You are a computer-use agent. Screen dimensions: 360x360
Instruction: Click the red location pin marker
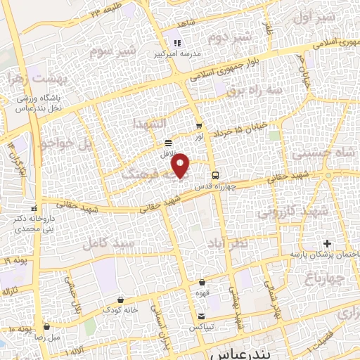[x=181, y=165]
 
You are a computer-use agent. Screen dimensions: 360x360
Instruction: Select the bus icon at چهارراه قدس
[x=215, y=174]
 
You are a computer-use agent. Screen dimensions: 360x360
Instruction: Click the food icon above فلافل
[x=168, y=142]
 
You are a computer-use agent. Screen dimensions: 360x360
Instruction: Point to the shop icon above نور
[x=200, y=127]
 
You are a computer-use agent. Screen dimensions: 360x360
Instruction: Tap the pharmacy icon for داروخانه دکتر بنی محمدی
[x=34, y=209]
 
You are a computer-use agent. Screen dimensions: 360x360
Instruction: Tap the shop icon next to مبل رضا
[x=46, y=326]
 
